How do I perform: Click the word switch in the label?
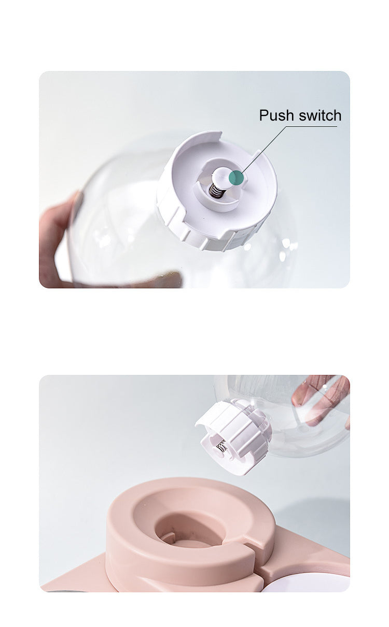[x=320, y=115]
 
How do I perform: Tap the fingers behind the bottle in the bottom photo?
[x=319, y=403]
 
